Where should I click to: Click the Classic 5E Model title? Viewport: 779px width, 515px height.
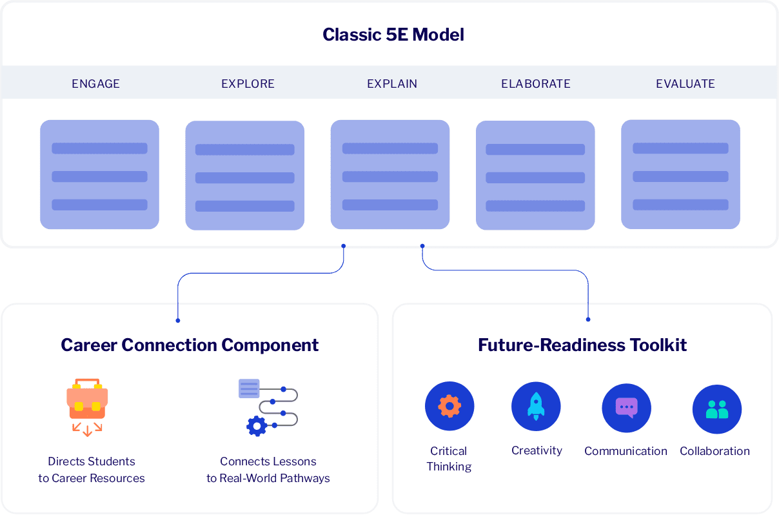coord(393,34)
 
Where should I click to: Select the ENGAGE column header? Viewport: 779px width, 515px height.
coord(95,84)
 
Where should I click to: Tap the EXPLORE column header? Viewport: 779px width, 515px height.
coord(248,84)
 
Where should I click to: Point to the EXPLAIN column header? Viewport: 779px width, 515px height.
coord(392,84)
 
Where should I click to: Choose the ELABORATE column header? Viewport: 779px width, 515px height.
coord(535,84)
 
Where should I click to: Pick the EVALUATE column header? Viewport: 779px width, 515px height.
coord(685,84)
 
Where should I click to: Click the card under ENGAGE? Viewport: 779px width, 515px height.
coord(99,174)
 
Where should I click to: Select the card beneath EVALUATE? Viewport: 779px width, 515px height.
coord(680,174)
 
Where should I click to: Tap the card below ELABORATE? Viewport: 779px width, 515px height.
coord(535,175)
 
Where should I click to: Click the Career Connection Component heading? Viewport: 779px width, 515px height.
coord(190,345)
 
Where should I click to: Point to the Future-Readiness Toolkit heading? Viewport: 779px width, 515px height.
coord(582,345)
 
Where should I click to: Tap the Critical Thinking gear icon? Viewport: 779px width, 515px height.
coord(449,407)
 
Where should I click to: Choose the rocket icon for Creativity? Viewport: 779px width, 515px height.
coord(536,407)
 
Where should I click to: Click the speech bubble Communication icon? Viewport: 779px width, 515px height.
coord(626,408)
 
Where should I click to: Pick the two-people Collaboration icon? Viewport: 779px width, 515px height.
coord(716,409)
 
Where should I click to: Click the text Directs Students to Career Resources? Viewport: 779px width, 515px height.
coord(92,470)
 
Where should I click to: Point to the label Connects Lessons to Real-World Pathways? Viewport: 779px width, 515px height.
coord(268,470)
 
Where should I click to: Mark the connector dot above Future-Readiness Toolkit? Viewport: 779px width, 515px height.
coord(588,319)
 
